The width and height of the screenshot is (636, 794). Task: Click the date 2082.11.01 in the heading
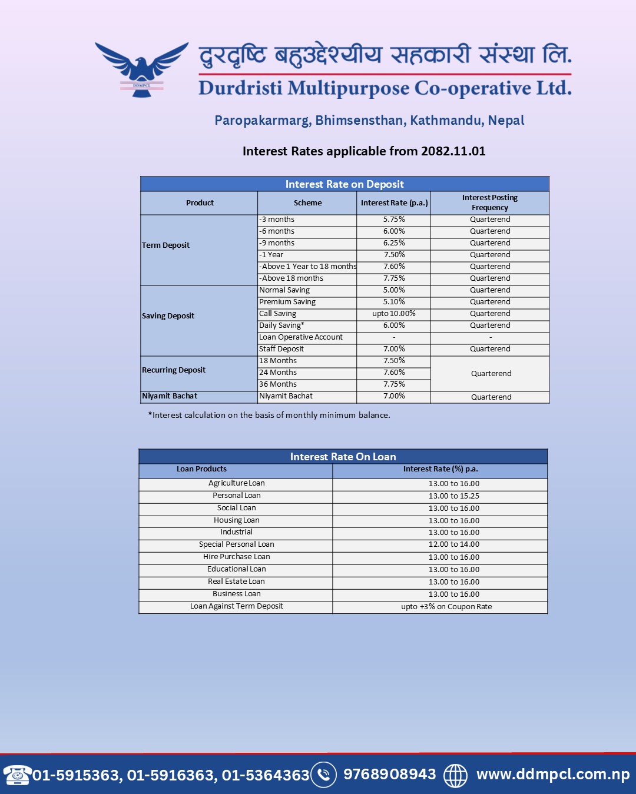tap(453, 151)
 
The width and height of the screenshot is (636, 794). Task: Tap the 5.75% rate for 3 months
tap(394, 220)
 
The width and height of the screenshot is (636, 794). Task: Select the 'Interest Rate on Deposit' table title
tap(344, 184)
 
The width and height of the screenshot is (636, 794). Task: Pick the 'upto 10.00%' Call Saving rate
tap(394, 314)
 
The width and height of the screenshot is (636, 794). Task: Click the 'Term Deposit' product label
tap(165, 245)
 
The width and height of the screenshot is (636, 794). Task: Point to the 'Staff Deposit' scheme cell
tap(281, 349)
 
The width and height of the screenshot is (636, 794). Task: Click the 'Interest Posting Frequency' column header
tap(489, 202)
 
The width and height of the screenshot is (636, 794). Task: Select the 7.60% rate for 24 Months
tap(394, 373)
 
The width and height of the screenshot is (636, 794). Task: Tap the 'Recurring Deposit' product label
tap(174, 370)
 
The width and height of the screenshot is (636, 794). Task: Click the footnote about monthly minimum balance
tap(269, 415)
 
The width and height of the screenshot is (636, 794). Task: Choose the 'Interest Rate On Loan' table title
tap(343, 457)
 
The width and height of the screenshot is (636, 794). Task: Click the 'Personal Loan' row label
tap(236, 496)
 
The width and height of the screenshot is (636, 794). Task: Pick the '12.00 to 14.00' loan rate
tap(453, 544)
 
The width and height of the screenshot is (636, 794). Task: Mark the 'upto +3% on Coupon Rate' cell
tap(446, 607)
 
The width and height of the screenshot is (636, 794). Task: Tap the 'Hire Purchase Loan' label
tap(236, 557)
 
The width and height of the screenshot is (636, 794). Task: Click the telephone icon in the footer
tap(17, 775)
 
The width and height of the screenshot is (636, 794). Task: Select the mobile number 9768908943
tap(389, 775)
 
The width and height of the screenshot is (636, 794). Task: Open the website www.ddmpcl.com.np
tap(553, 775)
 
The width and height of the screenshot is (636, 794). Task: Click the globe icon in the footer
tap(455, 775)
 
